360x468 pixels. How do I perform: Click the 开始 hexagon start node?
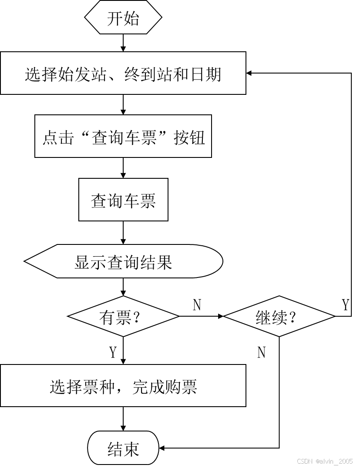pyautogui.click(x=123, y=19)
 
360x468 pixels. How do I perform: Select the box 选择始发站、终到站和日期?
pyautogui.click(x=123, y=74)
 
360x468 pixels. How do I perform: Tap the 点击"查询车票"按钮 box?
pyautogui.click(x=123, y=137)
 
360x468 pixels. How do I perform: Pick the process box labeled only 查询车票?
pyautogui.click(x=123, y=200)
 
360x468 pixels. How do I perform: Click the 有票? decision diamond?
pyautogui.click(x=123, y=317)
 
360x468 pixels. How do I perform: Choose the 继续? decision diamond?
pyautogui.click(x=279, y=317)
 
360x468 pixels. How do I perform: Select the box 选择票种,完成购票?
pyautogui.click(x=123, y=386)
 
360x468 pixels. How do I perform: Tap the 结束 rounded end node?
pyautogui.click(x=123, y=448)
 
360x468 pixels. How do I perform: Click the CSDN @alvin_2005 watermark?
pyautogui.click(x=324, y=461)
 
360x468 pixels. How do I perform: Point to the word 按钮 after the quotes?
pyautogui.click(x=189, y=137)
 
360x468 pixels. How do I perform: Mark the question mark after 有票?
pyautogui.click(x=138, y=318)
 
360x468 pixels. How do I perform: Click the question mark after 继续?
pyautogui.click(x=293, y=318)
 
